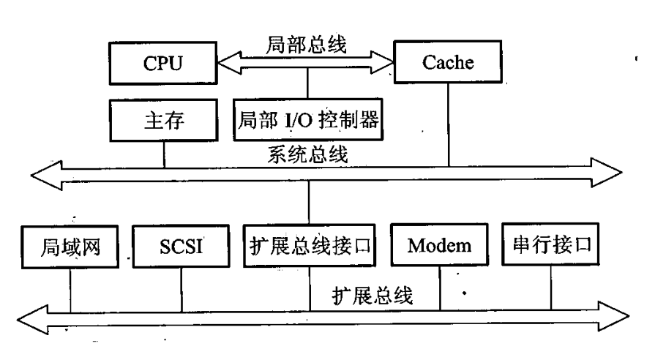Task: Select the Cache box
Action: click(448, 62)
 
